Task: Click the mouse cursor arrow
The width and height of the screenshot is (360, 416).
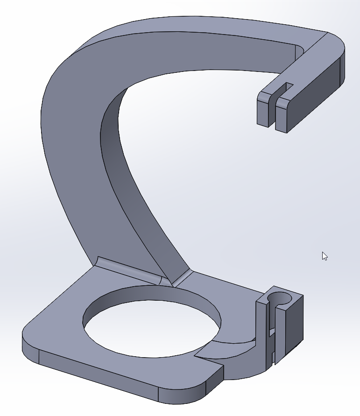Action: click(325, 255)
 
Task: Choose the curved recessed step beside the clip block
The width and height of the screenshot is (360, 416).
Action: click(233, 348)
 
